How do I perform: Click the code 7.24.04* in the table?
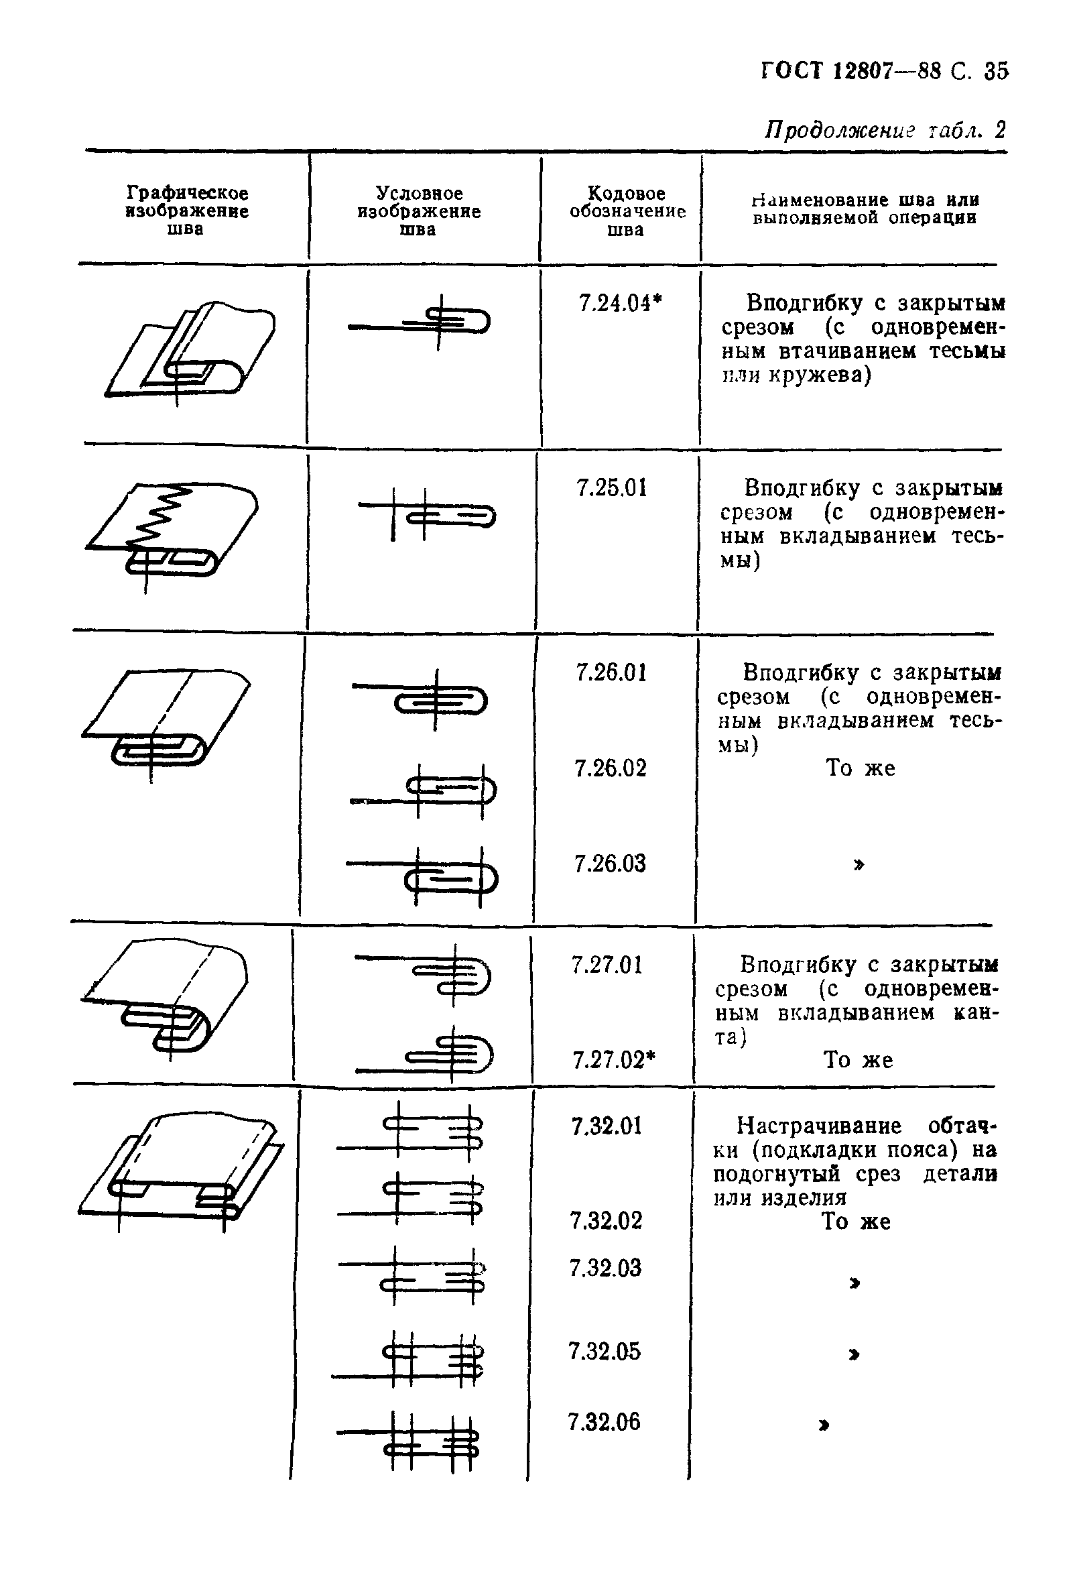619,303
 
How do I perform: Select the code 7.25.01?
611,488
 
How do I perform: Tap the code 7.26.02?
611,768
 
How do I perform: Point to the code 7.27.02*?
614,1060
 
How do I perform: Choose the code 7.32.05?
605,1351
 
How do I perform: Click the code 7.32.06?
604,1421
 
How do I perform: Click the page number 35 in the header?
995,71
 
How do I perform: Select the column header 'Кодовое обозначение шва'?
627,211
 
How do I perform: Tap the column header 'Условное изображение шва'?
419,211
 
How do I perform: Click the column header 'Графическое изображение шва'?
186,211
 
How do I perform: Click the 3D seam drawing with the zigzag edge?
172,530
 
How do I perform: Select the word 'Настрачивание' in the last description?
819,1126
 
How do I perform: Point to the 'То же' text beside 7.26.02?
860,768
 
